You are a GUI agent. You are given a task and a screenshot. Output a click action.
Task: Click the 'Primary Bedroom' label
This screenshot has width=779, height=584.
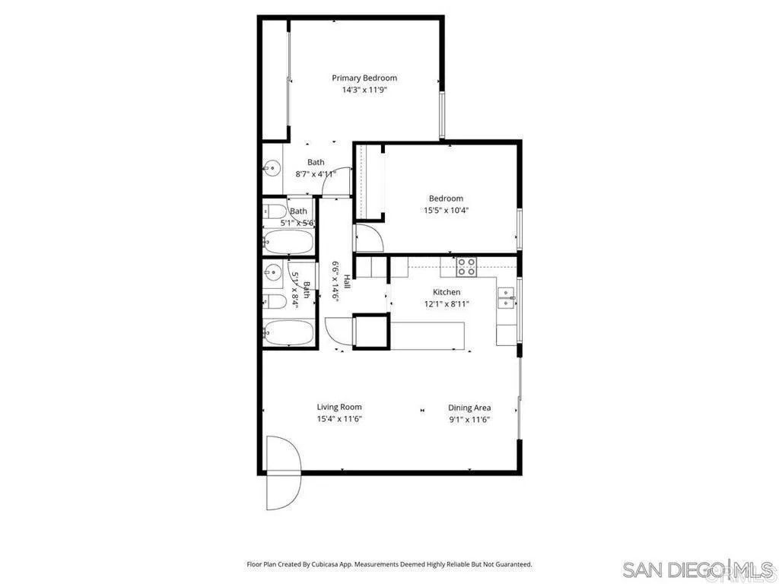tap(364, 78)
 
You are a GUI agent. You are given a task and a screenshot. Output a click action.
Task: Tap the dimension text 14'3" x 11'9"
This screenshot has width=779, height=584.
tap(364, 90)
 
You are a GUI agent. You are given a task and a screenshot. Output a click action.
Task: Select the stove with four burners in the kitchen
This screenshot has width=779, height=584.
tap(466, 267)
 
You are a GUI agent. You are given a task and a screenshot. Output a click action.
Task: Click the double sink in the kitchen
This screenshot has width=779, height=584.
tap(505, 297)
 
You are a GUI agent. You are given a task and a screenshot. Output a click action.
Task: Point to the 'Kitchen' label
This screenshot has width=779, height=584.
tap(447, 292)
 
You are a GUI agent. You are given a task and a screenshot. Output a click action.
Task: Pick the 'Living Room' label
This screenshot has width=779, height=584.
tap(339, 407)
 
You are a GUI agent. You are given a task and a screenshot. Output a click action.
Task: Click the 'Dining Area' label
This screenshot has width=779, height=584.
tap(469, 408)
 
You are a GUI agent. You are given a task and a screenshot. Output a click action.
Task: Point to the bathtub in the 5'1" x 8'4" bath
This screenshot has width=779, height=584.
tap(288, 332)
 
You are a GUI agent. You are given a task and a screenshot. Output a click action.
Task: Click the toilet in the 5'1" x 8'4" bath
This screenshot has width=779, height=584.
tap(276, 302)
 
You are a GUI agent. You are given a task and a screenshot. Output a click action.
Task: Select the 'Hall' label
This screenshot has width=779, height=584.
tap(347, 281)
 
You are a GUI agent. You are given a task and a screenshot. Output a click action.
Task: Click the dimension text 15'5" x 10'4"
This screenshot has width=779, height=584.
tap(446, 211)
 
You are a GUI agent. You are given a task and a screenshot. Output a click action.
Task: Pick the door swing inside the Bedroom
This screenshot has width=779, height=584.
tap(369, 237)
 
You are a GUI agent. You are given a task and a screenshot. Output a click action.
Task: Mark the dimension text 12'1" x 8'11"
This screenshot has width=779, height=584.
tap(447, 304)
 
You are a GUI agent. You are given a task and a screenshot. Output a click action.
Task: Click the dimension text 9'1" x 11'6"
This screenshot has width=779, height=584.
tap(469, 419)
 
